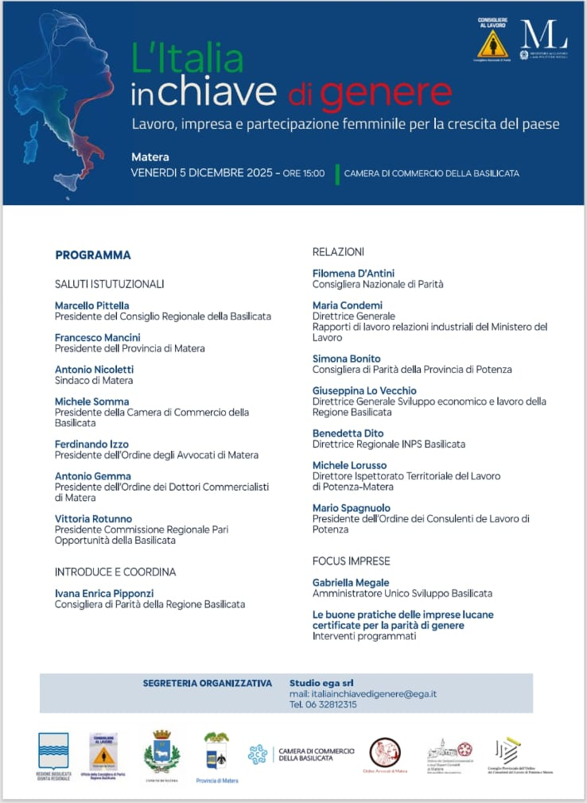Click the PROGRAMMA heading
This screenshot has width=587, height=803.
(92, 255)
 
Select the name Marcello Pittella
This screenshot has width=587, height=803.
(91, 305)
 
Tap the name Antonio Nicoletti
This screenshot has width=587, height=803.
(94, 370)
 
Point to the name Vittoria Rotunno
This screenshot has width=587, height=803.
(93, 519)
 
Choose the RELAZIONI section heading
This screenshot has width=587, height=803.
(338, 252)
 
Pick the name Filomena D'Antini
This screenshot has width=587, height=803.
(353, 273)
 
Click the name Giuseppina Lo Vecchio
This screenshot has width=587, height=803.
(364, 391)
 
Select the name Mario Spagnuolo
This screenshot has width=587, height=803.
(351, 508)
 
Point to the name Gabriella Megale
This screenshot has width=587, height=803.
(351, 583)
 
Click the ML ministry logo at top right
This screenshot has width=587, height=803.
(543, 39)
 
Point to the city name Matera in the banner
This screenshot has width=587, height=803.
(150, 157)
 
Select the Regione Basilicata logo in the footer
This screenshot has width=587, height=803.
(54, 751)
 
